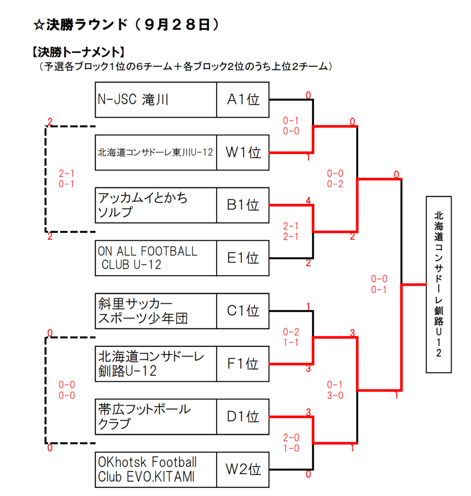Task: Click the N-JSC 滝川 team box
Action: [156, 100]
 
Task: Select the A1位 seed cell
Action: [243, 100]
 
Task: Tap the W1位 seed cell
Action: [243, 153]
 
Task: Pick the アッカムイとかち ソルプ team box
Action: [156, 205]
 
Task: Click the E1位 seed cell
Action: [243, 258]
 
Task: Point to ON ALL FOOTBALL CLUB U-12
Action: [156, 258]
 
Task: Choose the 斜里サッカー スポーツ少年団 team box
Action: [156, 311]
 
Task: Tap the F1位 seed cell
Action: [243, 364]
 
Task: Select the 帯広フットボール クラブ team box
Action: [156, 417]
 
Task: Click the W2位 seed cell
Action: [243, 469]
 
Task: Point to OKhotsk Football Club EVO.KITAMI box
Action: [156, 469]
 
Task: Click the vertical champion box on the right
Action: [439, 284]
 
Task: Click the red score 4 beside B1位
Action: [308, 200]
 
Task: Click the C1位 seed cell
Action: [243, 311]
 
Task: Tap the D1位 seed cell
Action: [243, 417]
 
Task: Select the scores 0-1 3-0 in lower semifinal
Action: [335, 390]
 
